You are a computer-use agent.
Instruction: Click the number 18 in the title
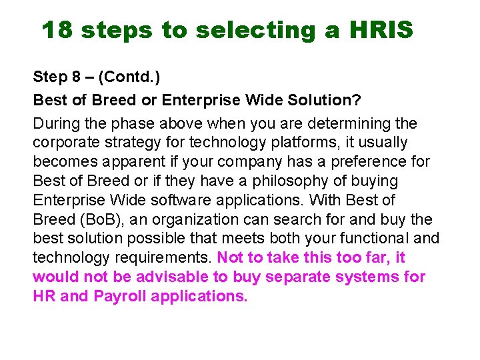click(x=57, y=29)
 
